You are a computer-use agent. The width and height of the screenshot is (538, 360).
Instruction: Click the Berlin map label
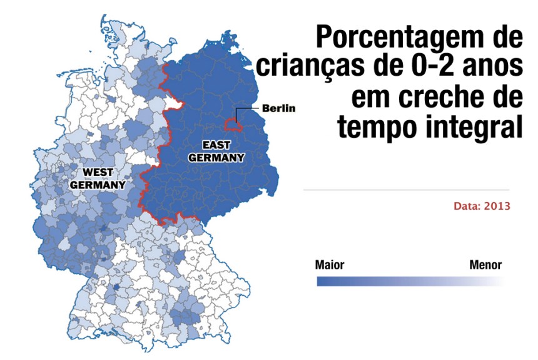pos(278,108)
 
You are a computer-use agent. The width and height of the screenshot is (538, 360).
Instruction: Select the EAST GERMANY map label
pos(216,151)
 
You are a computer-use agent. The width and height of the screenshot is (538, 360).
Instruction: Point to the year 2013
pos(498,206)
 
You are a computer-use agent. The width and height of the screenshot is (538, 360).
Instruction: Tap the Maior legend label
pos(330,265)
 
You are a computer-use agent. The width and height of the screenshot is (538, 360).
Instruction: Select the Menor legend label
pos(485,265)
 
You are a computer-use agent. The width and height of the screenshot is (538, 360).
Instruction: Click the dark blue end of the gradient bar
pos(322,282)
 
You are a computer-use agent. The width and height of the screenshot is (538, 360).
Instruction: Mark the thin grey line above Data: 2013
pos(406,189)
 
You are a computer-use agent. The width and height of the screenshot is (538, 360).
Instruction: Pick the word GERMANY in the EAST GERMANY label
pos(216,158)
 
